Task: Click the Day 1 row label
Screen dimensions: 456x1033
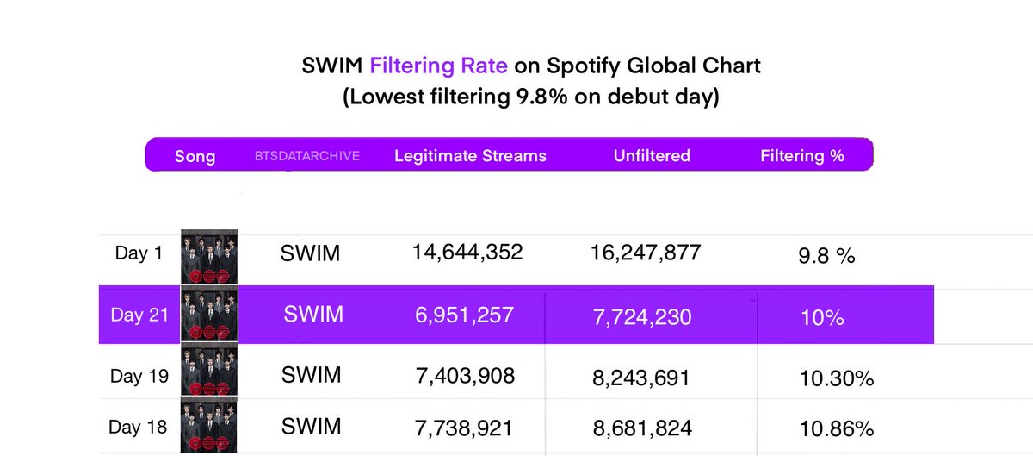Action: click(x=138, y=253)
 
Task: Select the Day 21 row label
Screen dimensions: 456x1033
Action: click(x=139, y=315)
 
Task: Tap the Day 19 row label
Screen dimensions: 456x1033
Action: click(x=139, y=377)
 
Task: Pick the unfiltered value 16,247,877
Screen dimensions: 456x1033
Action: click(x=646, y=253)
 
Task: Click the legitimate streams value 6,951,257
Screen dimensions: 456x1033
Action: click(x=465, y=315)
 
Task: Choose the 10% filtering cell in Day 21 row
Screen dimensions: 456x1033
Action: click(x=821, y=317)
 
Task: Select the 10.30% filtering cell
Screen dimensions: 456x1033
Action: click(x=832, y=378)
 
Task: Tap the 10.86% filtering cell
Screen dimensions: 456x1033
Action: click(x=832, y=428)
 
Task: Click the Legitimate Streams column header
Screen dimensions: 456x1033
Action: click(x=470, y=156)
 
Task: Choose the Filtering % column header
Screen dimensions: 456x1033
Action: click(x=802, y=156)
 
